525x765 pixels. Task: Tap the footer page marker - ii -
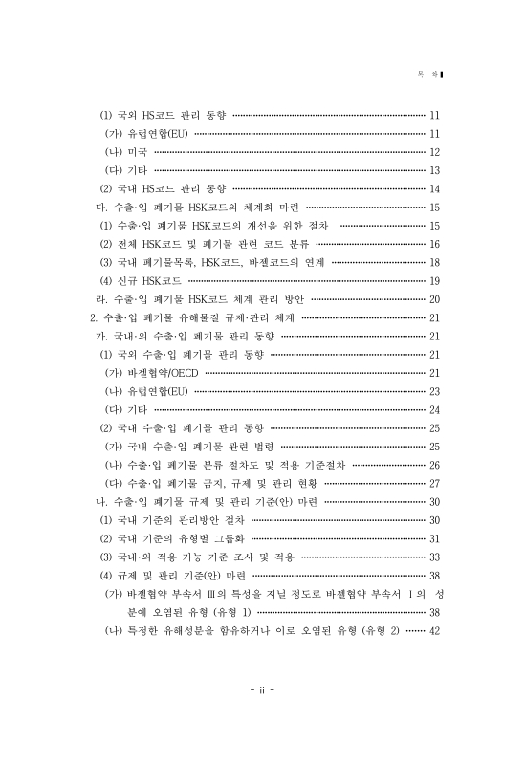pos(262,715)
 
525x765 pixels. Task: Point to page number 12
pos(434,151)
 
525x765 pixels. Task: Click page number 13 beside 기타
pos(434,169)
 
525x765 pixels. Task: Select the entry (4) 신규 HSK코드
pos(142,280)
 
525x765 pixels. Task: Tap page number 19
pos(434,280)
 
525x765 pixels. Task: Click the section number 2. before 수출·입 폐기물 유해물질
pos(93,317)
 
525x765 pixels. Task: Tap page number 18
pos(434,262)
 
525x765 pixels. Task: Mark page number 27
pos(434,483)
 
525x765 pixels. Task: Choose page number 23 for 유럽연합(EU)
pos(434,391)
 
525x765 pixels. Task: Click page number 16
pos(434,244)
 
